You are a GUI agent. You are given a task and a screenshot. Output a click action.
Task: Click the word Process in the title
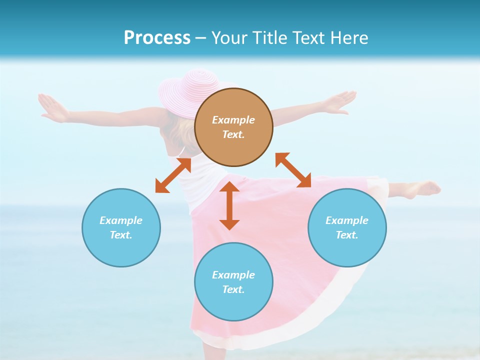[x=157, y=38]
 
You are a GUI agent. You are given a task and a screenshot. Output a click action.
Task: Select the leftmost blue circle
[x=121, y=250]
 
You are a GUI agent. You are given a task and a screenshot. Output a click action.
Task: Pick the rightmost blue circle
[x=347, y=250]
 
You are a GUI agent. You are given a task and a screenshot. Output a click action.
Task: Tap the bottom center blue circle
[x=233, y=305]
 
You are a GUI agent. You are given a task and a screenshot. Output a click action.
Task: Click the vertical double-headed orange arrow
[x=229, y=205]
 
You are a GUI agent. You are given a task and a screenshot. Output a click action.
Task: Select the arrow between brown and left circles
[x=173, y=175]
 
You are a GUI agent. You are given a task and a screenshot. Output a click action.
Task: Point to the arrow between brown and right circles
[x=293, y=170]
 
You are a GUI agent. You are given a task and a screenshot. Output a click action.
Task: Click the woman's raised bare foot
[x=425, y=189]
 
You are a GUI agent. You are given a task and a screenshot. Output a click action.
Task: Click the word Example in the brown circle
[x=233, y=120]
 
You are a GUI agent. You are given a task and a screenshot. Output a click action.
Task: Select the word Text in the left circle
[x=120, y=235]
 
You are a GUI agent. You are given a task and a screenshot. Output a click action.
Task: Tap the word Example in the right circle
[x=347, y=220]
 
